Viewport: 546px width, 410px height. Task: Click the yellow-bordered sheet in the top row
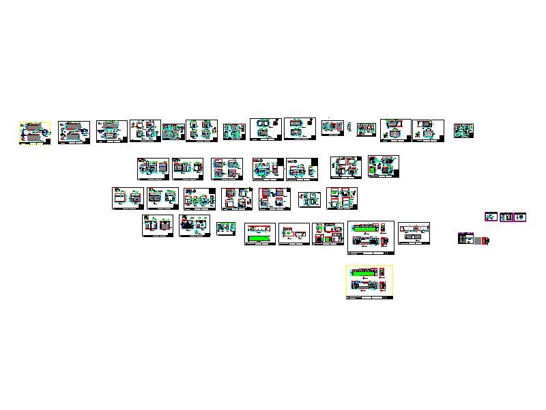tap(34, 133)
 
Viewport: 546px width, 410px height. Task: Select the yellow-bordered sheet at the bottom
tap(369, 282)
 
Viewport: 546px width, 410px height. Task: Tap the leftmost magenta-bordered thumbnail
tap(491, 217)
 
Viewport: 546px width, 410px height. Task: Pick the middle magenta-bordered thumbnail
tap(506, 217)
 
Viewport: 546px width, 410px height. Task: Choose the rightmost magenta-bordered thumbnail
tap(520, 217)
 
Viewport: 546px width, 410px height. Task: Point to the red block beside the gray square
tap(486, 241)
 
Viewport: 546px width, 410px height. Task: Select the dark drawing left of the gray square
tap(465, 238)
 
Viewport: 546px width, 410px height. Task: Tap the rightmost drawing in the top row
tap(463, 131)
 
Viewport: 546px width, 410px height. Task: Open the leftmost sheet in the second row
tap(153, 169)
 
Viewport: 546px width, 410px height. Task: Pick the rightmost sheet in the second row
tap(384, 167)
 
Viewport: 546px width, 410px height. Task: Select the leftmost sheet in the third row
tap(128, 198)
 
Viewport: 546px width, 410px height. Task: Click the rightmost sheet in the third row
tap(342, 198)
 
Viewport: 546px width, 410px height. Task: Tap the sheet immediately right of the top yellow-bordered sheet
tap(74, 132)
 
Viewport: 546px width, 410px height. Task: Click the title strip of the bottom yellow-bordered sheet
tap(369, 297)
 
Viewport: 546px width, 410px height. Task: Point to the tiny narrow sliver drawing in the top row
tap(350, 126)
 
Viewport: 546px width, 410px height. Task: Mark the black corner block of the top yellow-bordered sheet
tap(48, 141)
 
